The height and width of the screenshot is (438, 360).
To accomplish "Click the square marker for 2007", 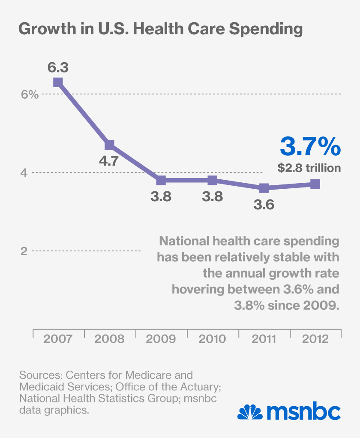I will point(58,82).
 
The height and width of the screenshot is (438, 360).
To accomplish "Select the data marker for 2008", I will point(109,145).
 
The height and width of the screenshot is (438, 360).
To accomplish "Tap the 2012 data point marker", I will point(315,184).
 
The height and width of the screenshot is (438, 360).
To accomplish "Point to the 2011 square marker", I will point(264,188).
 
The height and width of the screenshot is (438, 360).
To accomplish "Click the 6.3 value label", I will point(58,68).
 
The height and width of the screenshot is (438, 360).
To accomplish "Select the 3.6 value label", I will point(264,205).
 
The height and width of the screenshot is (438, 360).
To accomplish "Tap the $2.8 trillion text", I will point(309,168).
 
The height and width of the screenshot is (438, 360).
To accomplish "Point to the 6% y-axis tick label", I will point(30,94).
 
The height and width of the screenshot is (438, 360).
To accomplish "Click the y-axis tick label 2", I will point(24,251).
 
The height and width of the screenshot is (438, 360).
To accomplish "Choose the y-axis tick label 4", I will point(24,173).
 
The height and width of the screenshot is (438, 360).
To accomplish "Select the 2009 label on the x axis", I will point(161,338).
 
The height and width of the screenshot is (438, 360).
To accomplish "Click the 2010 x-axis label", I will point(212,338).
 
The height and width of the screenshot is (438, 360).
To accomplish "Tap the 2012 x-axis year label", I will point(315,338).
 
